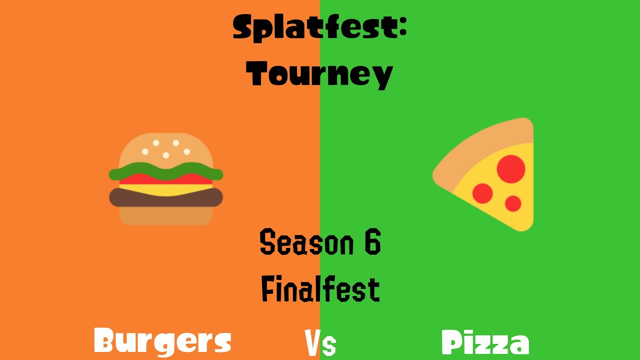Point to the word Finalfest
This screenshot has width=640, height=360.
[x=320, y=289]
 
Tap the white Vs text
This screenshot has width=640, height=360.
[x=320, y=344]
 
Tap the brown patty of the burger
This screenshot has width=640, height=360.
[x=165, y=197]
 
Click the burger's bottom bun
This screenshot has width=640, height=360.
[x=165, y=215]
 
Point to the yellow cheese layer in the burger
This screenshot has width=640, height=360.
[x=165, y=189]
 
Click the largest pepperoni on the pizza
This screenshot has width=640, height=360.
[x=511, y=169]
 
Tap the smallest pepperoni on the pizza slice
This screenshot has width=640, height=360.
[x=513, y=203]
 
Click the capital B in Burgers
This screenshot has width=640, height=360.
[x=106, y=342]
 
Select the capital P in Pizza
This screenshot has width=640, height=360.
[x=452, y=342]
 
